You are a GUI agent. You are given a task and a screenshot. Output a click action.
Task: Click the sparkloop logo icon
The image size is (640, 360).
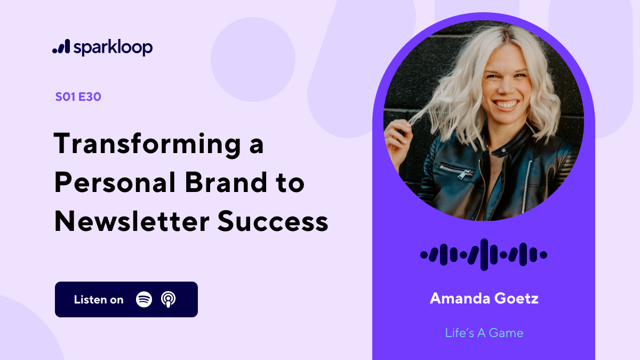click(61, 47)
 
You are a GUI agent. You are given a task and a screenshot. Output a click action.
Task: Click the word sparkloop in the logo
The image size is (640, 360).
click(113, 47)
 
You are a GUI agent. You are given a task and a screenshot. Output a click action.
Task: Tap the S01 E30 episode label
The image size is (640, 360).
click(78, 97)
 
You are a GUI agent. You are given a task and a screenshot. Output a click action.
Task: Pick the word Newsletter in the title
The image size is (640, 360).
click(130, 221)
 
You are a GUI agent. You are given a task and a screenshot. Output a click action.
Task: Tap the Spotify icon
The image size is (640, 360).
click(144, 299)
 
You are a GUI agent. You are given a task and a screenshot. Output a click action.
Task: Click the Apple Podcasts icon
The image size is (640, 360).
click(169, 299)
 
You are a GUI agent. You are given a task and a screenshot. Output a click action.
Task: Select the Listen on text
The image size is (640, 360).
click(99, 300)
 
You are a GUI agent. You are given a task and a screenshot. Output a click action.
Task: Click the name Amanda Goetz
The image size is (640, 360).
click(484, 298)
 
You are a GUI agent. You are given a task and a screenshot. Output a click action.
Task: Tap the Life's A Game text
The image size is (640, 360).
click(484, 333)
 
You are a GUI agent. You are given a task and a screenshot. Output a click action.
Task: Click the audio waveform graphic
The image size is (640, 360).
click(484, 254)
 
